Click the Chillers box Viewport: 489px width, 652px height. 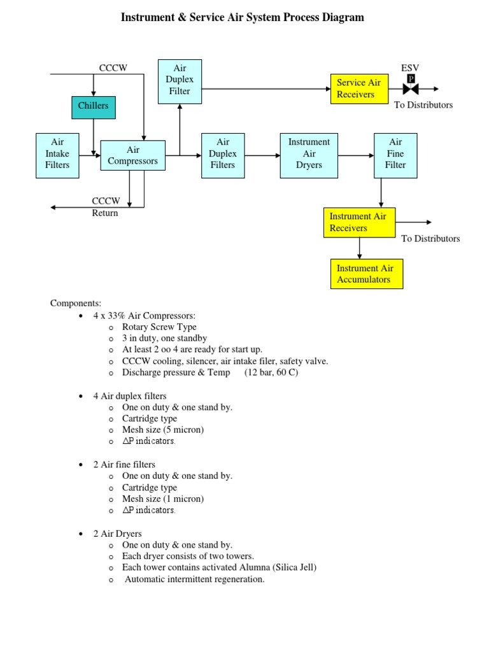(94, 106)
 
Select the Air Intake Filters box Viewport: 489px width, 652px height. (57, 154)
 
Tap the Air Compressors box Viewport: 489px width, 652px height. (132, 155)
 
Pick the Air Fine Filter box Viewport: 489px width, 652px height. (395, 154)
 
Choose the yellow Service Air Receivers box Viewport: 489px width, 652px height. (358, 89)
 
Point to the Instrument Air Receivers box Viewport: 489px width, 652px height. (359, 222)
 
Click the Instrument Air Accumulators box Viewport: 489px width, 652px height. (366, 274)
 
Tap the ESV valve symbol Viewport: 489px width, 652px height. (411, 89)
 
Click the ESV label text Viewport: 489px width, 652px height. (410, 68)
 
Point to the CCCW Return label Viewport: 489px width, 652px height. (105, 207)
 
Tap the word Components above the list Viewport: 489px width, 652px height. (76, 303)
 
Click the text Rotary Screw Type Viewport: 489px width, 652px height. (159, 327)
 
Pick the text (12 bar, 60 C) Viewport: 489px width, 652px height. (271, 372)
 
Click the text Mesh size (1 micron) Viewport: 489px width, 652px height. (163, 499)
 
